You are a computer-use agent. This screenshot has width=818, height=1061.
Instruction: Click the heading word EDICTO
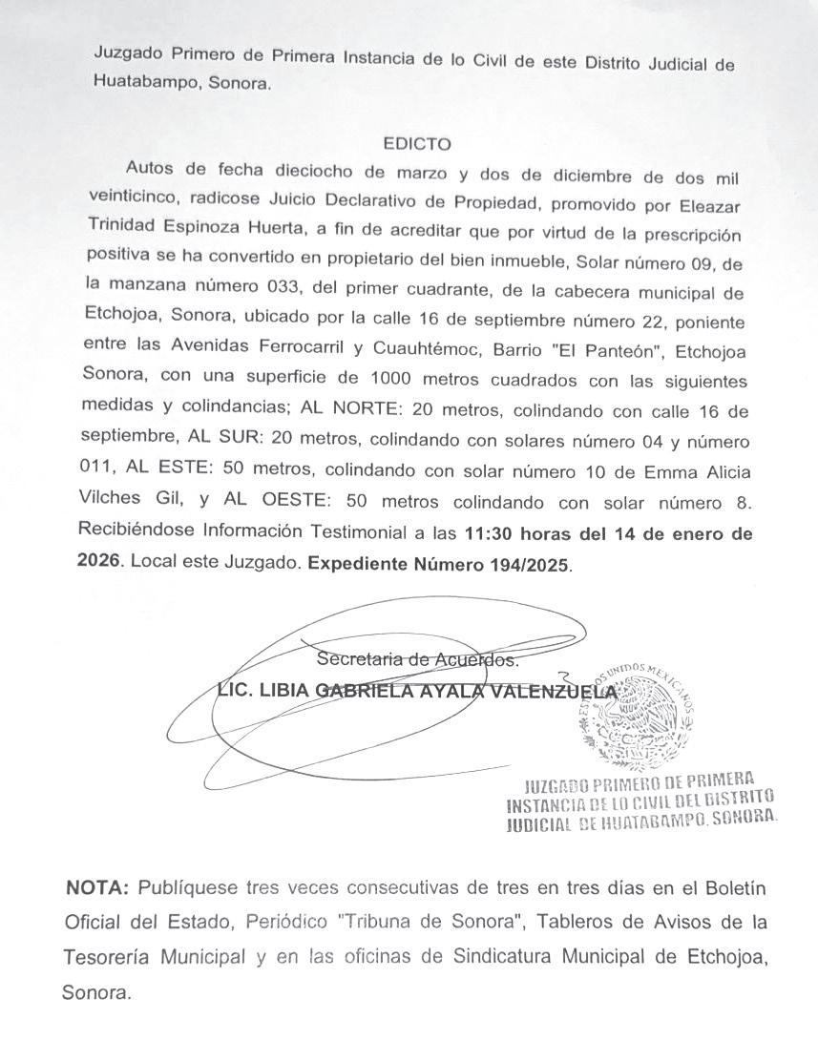[x=416, y=145]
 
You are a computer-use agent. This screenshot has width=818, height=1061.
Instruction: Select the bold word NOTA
[x=95, y=888]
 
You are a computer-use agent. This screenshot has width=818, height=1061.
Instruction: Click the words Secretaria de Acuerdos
[x=417, y=658]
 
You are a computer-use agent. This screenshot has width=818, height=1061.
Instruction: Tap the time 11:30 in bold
[x=488, y=533]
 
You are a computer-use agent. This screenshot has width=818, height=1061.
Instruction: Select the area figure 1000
[x=393, y=379]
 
